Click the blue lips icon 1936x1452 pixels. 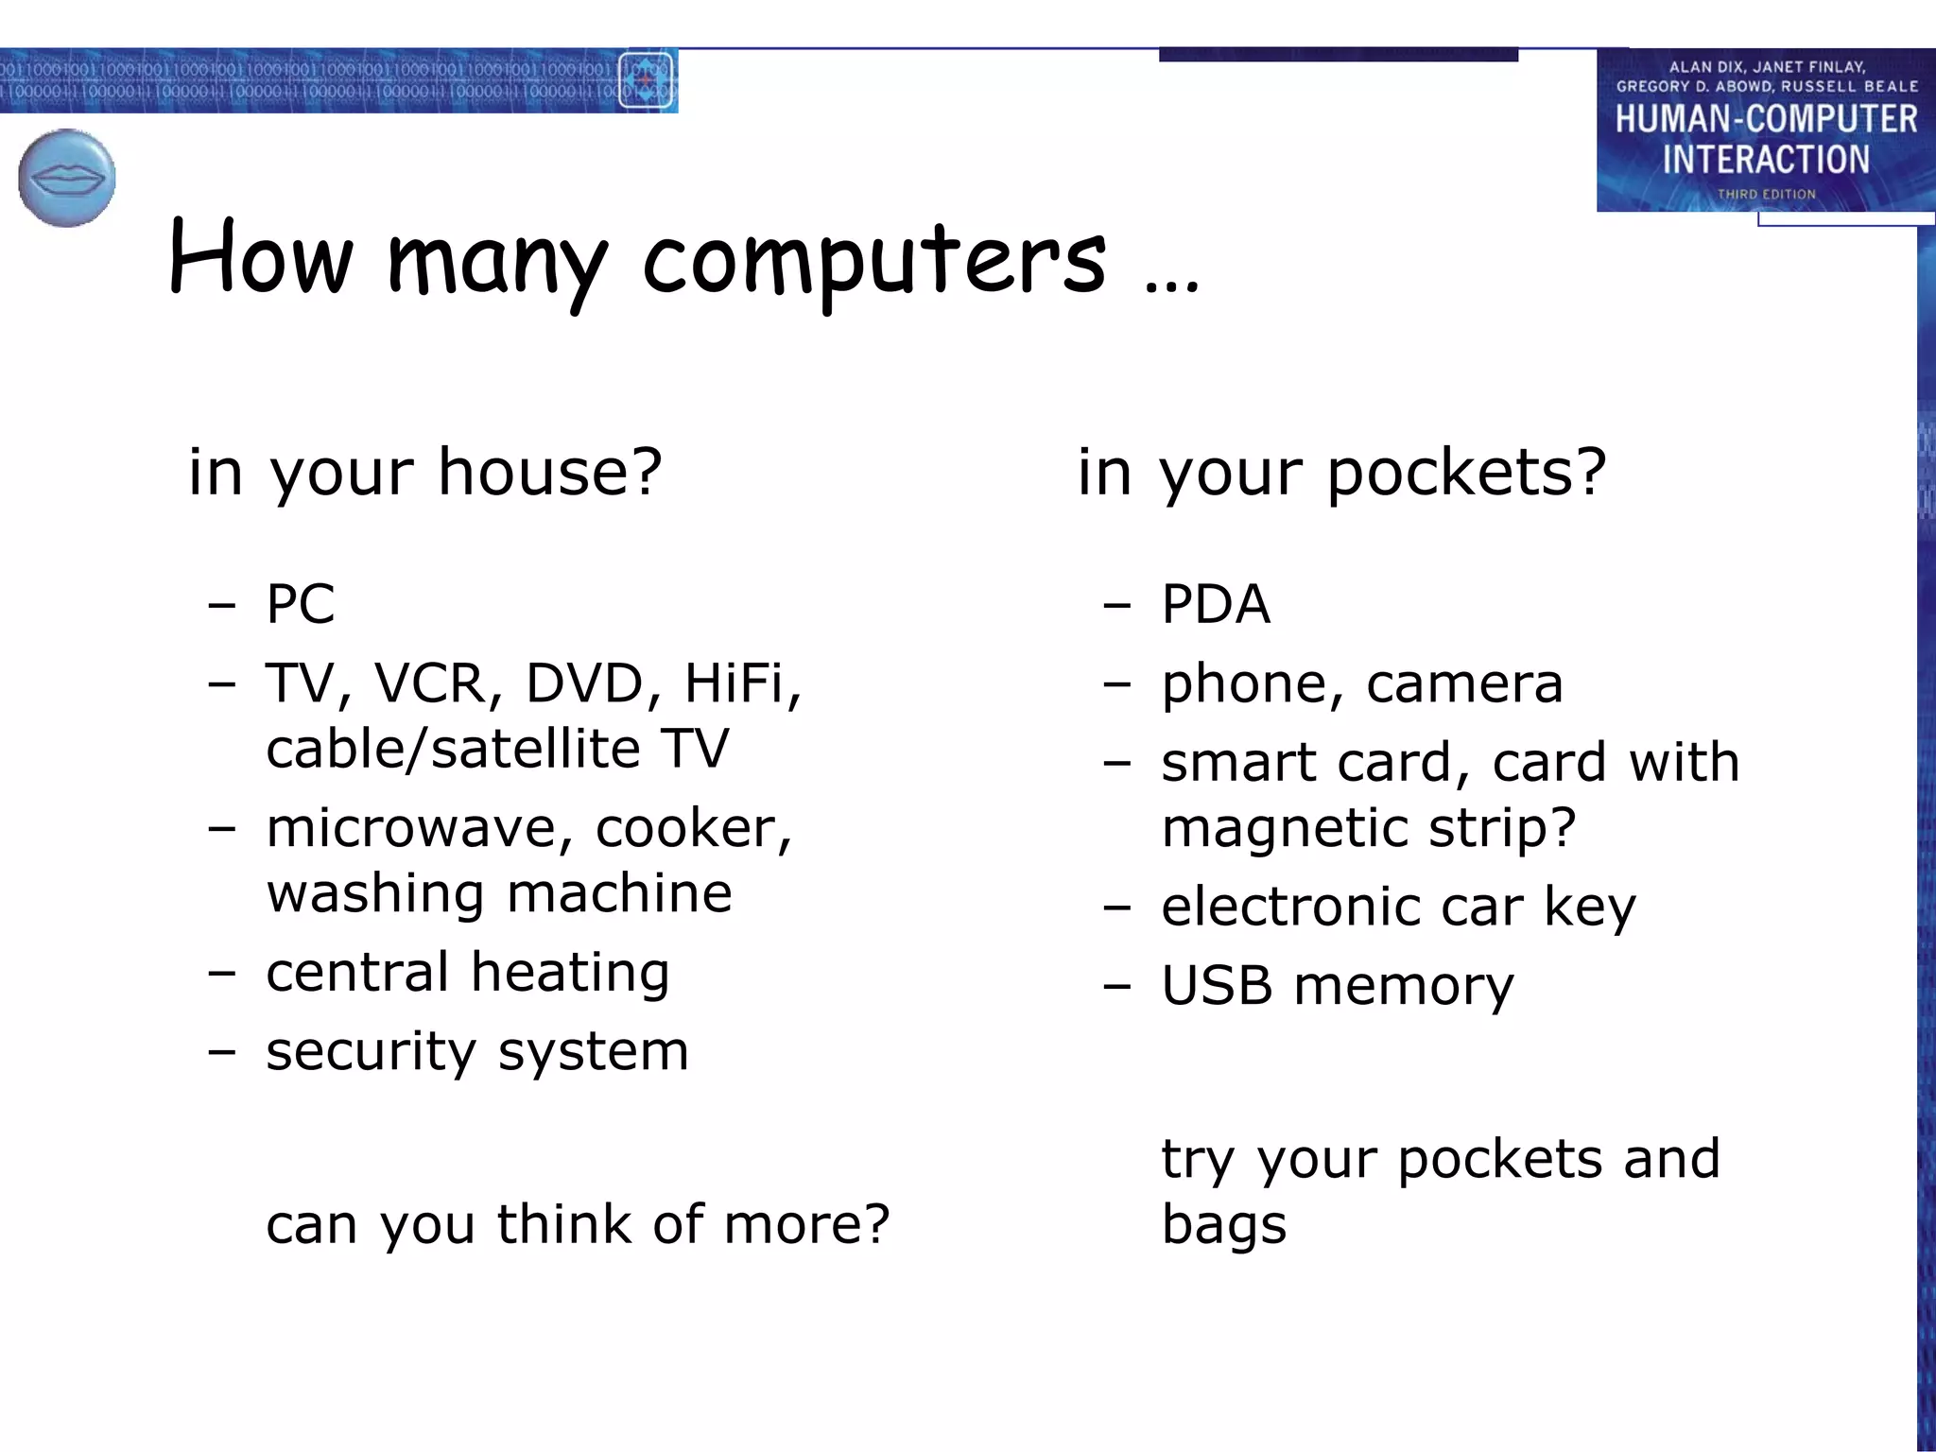pos(66,178)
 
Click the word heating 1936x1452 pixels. pos(570,973)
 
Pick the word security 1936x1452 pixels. pos(371,1051)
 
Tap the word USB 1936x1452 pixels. pos(1217,986)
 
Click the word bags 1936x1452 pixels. pos(1223,1225)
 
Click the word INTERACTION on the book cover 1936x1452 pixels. pos(1766,160)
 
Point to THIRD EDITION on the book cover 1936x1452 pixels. pos(1766,194)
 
